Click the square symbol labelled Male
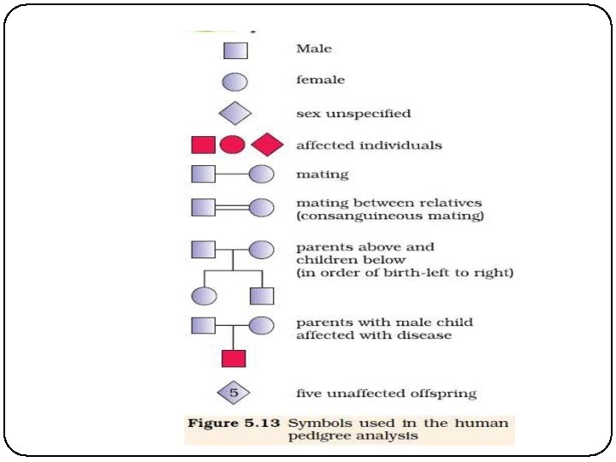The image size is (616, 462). (235, 50)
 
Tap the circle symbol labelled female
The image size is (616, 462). (235, 82)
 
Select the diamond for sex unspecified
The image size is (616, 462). (235, 113)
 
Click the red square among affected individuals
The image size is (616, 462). (203, 145)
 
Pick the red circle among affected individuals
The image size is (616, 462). (232, 145)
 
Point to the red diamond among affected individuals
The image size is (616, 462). (267, 145)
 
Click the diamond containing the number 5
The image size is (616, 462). (234, 394)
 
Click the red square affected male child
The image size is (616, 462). (234, 358)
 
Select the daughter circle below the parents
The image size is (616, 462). (203, 296)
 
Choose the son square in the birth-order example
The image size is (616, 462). (261, 296)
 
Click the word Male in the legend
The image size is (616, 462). (314, 49)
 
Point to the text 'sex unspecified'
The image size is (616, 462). (353, 113)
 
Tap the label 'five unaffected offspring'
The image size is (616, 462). (386, 394)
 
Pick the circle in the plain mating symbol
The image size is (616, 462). (261, 175)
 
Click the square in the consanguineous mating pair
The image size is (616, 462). (203, 207)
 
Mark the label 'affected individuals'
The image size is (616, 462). (369, 145)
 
